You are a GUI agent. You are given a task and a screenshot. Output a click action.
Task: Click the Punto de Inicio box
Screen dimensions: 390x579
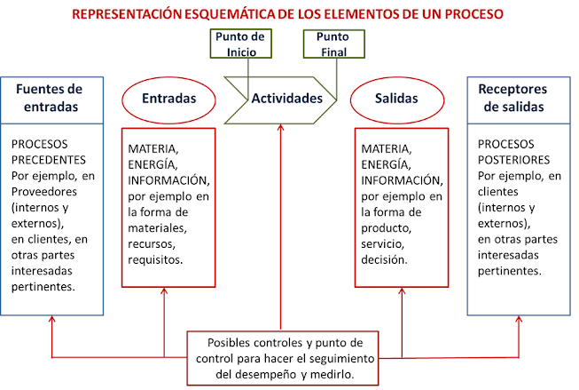pyautogui.click(x=239, y=44)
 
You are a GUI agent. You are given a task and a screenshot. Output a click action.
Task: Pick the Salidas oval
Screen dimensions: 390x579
pyautogui.click(x=396, y=98)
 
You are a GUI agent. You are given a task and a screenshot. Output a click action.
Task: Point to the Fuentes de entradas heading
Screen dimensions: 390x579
pyautogui.click(x=52, y=98)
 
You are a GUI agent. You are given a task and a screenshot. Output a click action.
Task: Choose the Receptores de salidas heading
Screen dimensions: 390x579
pyautogui.click(x=519, y=98)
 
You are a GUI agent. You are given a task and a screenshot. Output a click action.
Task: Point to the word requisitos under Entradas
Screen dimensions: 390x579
pyautogui.click(x=155, y=260)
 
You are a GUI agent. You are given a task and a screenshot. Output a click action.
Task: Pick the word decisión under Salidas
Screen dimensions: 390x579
pyautogui.click(x=385, y=260)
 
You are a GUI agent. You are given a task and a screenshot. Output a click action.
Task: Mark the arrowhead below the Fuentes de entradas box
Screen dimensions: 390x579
pyautogui.click(x=51, y=322)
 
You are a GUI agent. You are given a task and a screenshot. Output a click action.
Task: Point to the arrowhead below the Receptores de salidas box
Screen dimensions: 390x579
pyautogui.click(x=519, y=322)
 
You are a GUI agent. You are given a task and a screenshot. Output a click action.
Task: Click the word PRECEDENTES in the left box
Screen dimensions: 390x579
pyautogui.click(x=49, y=160)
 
